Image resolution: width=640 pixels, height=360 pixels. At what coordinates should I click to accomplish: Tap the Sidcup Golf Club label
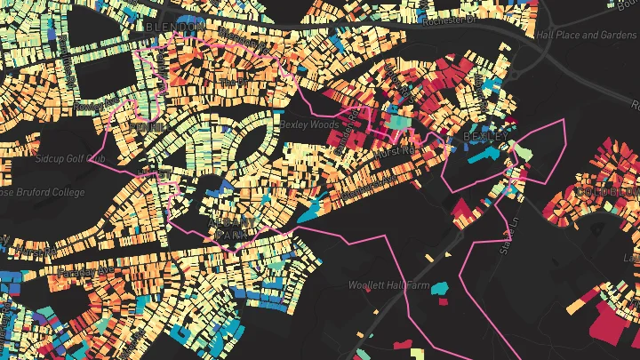click(x=69, y=159)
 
